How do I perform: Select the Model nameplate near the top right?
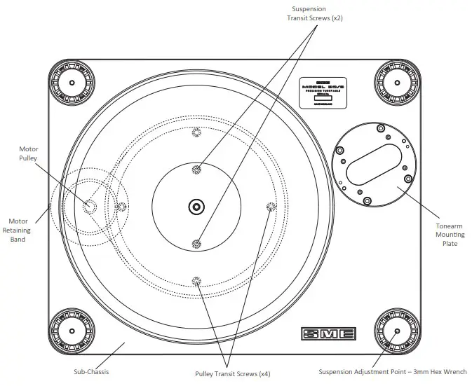point(323,92)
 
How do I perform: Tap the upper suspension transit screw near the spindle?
point(196,169)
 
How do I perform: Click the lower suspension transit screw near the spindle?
point(196,243)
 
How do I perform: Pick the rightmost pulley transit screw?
point(271,206)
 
